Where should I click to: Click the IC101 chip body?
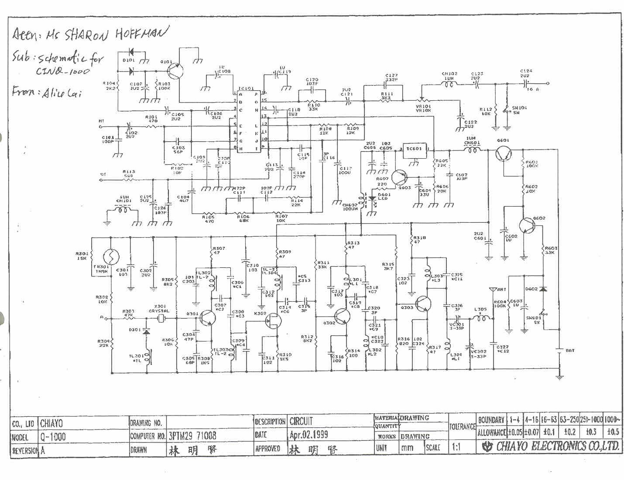tap(249, 121)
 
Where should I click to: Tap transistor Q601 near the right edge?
tap(504, 153)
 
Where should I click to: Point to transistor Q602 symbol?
tap(527, 225)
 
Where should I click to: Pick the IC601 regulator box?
tap(414, 150)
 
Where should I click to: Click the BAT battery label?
tap(570, 351)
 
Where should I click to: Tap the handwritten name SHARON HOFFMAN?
tap(114, 34)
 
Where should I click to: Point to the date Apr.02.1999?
tap(309, 435)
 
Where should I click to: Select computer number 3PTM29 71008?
tap(192, 436)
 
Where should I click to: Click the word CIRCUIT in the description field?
tap(301, 421)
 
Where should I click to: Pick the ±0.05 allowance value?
tap(515, 432)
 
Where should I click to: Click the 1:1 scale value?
tap(456, 447)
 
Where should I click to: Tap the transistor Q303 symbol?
tap(423, 304)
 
